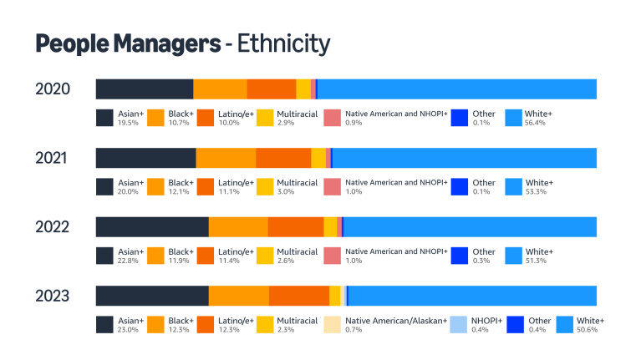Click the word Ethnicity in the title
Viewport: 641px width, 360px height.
[x=283, y=43]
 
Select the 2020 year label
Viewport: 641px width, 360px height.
[x=52, y=89]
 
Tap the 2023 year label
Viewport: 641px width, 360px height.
[x=52, y=296]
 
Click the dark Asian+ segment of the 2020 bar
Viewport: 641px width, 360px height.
[x=145, y=89]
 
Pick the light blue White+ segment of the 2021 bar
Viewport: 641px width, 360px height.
[x=464, y=158]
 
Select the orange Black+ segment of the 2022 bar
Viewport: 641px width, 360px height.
[x=238, y=227]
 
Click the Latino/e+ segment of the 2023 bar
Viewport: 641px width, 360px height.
[x=298, y=296]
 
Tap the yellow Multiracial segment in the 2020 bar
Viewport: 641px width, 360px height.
[x=303, y=89]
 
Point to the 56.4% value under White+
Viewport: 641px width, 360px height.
[x=537, y=123]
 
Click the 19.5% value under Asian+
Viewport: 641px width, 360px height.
[x=129, y=123]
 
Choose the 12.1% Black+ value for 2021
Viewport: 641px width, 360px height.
[x=179, y=191]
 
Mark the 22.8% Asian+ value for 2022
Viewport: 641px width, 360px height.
[x=129, y=261]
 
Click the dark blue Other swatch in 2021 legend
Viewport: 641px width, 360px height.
[x=459, y=187]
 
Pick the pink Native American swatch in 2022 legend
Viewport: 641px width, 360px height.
[x=332, y=256]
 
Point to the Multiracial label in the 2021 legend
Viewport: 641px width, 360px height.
[x=297, y=182]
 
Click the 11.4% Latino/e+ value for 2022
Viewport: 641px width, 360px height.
[x=229, y=261]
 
